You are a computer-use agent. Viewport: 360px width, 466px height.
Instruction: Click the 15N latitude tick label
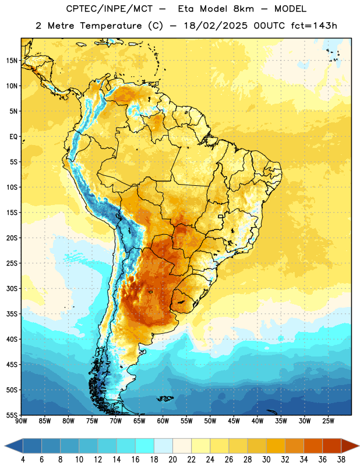click(12, 61)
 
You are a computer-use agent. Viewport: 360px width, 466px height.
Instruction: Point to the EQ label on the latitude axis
click(13, 137)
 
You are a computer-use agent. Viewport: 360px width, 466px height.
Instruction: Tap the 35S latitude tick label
click(12, 314)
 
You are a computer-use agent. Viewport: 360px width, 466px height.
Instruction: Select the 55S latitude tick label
click(12, 415)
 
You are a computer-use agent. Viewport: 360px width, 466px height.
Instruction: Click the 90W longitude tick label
click(21, 421)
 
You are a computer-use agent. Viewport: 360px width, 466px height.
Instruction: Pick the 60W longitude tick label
click(163, 421)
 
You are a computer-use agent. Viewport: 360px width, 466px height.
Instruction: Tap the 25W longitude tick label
click(328, 421)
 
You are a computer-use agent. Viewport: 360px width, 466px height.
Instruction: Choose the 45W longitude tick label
click(234, 421)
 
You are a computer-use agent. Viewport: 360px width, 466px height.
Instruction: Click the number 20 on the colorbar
click(172, 460)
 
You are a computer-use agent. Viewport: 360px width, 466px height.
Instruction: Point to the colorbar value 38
click(341, 460)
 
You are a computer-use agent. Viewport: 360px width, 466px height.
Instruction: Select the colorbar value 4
click(23, 460)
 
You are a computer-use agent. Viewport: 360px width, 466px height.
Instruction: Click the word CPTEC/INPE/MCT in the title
click(109, 9)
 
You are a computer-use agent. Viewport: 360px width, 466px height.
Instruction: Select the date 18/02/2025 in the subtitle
click(216, 26)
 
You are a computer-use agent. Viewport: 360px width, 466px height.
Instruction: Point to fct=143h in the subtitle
click(314, 26)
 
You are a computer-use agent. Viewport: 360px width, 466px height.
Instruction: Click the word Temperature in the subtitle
click(111, 26)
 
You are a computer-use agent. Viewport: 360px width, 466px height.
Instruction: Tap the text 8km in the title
click(243, 9)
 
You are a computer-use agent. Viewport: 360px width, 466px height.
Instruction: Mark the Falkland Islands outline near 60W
click(165, 398)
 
